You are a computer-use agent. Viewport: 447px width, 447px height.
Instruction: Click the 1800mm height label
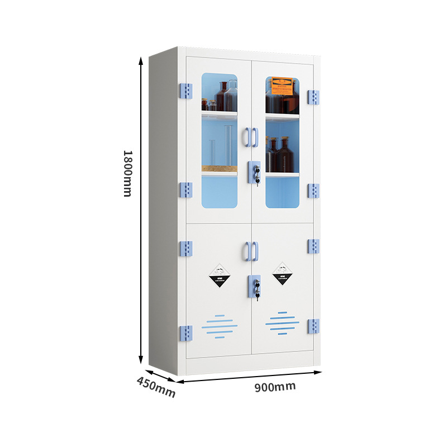[127, 173]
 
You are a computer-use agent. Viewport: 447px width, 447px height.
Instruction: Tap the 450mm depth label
[156, 387]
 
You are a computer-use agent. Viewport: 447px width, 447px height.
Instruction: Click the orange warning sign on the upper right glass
[282, 85]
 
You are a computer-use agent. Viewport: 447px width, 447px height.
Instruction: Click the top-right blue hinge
[313, 97]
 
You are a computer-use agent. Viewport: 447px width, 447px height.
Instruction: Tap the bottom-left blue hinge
[186, 334]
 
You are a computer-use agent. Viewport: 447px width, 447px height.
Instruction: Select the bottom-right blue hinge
[313, 326]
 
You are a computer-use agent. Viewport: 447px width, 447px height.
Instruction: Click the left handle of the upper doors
[247, 137]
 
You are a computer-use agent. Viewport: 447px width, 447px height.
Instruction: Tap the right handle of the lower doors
[255, 251]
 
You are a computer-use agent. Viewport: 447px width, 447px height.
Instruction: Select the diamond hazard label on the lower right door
[283, 273]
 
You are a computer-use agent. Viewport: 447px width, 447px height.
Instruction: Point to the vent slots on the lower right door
[282, 322]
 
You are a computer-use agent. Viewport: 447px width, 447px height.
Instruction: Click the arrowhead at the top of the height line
[141, 59]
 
